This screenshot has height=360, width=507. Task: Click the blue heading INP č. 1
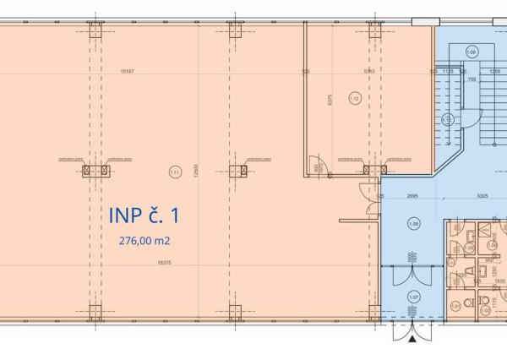[143, 215]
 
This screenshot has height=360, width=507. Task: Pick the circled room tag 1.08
[412, 224]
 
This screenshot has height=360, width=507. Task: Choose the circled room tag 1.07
[412, 297]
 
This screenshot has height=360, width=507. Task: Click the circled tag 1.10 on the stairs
[448, 120]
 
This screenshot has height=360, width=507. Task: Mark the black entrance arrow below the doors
[412, 340]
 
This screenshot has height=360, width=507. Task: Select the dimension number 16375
[152, 263]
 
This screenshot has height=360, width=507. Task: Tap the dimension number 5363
[368, 72]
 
